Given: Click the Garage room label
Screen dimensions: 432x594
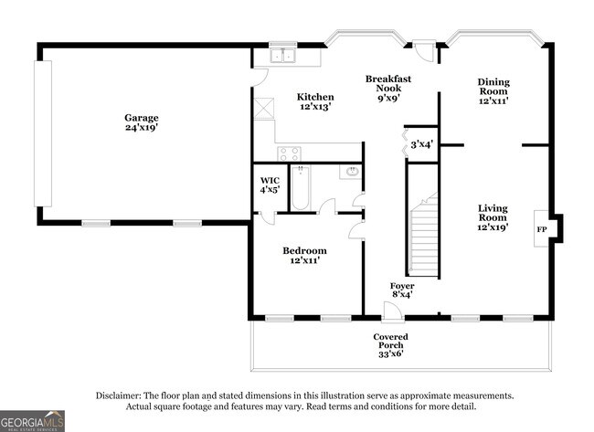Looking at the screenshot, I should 142,123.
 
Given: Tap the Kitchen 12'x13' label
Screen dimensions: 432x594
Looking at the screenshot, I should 315,102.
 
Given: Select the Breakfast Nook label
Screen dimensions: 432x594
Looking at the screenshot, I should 387,89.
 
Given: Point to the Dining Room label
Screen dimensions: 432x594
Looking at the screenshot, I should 493,91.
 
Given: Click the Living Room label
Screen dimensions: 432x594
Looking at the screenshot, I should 493,217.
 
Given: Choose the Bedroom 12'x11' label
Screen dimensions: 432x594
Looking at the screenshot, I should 304,256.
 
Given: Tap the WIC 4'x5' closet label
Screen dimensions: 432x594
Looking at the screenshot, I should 270,185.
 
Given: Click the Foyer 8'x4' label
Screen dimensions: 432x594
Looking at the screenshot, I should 402,290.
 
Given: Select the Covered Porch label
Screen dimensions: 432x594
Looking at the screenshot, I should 389,345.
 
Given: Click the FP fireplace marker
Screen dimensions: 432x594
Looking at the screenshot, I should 541,228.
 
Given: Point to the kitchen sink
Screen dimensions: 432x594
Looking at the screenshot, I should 283,57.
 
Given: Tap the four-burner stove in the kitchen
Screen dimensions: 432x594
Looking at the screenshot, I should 290,153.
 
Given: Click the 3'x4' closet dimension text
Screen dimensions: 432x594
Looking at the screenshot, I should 421,143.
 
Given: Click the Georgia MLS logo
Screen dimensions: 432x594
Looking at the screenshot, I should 33,420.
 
